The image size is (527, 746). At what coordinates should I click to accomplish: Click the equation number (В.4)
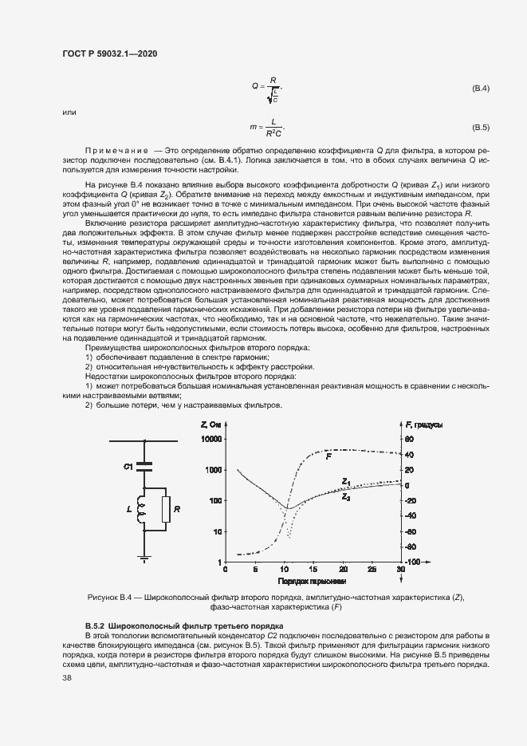point(481,87)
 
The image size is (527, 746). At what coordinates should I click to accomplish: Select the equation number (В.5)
point(481,128)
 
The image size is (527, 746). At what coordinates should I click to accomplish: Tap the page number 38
point(67,677)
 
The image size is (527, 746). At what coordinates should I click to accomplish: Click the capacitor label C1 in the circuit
point(128,465)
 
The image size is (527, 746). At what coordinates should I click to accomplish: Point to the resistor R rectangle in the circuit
point(165,508)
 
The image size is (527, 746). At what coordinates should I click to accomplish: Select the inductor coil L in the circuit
point(141,509)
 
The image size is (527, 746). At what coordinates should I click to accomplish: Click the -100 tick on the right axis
point(411,562)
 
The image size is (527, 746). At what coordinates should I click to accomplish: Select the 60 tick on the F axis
point(410,439)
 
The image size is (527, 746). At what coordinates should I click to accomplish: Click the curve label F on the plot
point(328,456)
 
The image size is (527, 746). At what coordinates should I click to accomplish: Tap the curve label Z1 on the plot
point(346,481)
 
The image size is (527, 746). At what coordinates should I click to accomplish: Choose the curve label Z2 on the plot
point(346,496)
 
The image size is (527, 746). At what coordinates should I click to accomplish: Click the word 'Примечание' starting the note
point(116,151)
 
